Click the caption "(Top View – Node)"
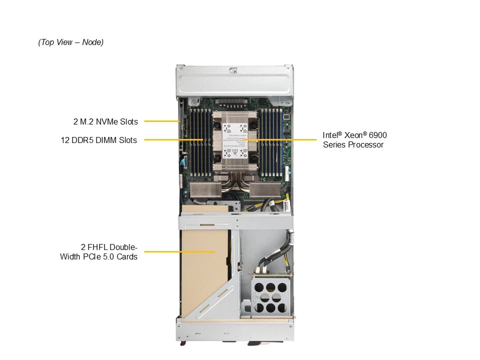tap(70, 42)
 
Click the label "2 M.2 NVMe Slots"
tap(105, 121)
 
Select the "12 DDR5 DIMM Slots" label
tap(99, 140)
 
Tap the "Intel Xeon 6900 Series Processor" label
tap(354, 140)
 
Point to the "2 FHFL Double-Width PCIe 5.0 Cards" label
tap(98, 251)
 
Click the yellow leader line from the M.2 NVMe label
tap(161, 121)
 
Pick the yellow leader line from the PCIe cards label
tap(179, 251)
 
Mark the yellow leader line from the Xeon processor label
tap(280, 139)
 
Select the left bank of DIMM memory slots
tap(201, 142)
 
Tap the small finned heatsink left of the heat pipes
tap(205, 190)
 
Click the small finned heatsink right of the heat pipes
tap(265, 190)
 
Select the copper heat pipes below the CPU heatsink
tap(235, 183)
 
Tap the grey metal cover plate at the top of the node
tap(234, 81)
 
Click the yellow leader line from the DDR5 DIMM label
tap(173, 139)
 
